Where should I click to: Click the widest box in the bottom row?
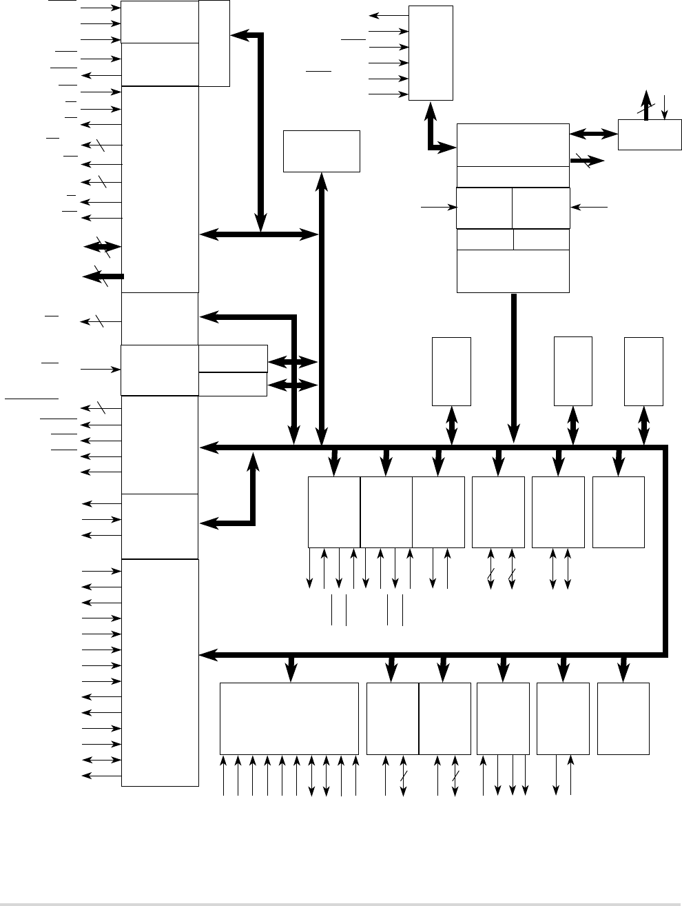pyautogui.click(x=289, y=718)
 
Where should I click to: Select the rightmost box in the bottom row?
pyautogui.click(x=623, y=718)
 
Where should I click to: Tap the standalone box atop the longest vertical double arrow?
pyautogui.click(x=322, y=151)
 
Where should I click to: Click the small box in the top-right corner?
pyautogui.click(x=650, y=134)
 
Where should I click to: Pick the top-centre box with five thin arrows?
pyautogui.click(x=431, y=53)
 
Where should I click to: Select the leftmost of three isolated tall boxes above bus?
pyautogui.click(x=451, y=371)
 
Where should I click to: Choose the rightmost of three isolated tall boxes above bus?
pyautogui.click(x=643, y=371)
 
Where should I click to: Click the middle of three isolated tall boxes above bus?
pyautogui.click(x=573, y=371)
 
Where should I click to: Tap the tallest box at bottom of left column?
pyautogui.click(x=160, y=672)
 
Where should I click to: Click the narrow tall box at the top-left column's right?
pyautogui.click(x=214, y=43)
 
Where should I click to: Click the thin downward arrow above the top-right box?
pyautogui.click(x=664, y=105)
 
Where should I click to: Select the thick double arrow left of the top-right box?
pyautogui.click(x=593, y=134)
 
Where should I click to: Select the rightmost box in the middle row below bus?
pyautogui.click(x=619, y=512)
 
